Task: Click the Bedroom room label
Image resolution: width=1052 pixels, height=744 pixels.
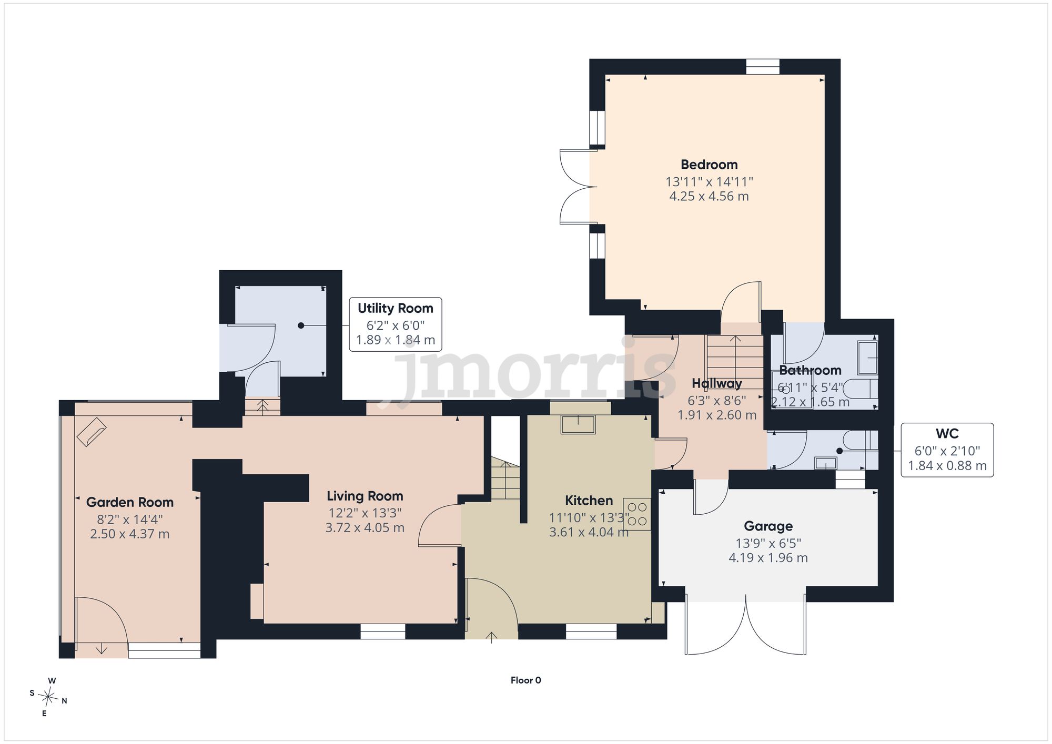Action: click(x=709, y=165)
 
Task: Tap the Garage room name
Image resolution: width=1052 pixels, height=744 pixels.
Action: click(x=768, y=526)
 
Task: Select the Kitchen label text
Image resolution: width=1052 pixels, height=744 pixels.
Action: click(x=589, y=500)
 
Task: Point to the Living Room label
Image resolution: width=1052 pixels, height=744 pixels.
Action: click(x=365, y=496)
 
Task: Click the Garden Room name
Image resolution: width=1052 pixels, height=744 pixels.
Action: click(x=129, y=502)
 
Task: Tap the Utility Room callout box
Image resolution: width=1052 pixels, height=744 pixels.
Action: click(x=396, y=324)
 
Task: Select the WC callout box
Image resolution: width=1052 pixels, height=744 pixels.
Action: click(x=947, y=450)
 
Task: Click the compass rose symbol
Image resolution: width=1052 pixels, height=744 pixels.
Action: click(x=48, y=697)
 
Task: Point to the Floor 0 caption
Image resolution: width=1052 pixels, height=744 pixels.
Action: click(x=525, y=680)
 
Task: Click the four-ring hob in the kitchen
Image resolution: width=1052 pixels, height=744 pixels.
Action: click(x=637, y=514)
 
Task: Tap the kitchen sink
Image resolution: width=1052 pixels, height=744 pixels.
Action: click(x=578, y=424)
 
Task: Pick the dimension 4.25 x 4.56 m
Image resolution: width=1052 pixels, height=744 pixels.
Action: click(x=709, y=196)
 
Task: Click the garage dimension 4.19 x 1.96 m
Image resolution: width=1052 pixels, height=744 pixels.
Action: click(x=768, y=558)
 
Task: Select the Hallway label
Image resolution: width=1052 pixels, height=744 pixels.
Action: click(x=716, y=383)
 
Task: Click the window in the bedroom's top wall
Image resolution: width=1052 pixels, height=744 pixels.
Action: click(x=763, y=67)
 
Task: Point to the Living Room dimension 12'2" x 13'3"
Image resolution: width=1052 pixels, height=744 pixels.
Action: click(x=365, y=513)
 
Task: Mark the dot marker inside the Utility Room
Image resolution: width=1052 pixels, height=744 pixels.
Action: click(x=301, y=325)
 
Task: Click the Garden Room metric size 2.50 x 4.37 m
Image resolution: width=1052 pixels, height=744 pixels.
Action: click(x=129, y=534)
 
